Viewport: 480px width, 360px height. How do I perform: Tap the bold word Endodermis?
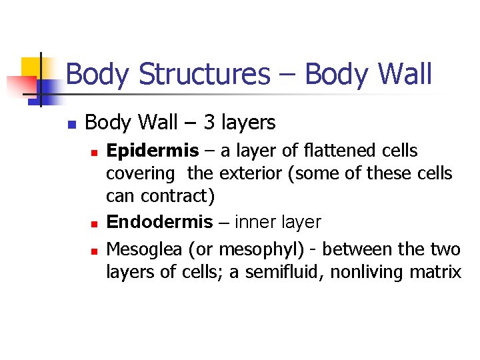[x=159, y=222]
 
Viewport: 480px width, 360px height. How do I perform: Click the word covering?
[x=140, y=174]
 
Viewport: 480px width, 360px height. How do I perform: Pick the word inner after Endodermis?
[x=255, y=222]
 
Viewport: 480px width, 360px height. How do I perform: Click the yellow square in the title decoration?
[x=31, y=67]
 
